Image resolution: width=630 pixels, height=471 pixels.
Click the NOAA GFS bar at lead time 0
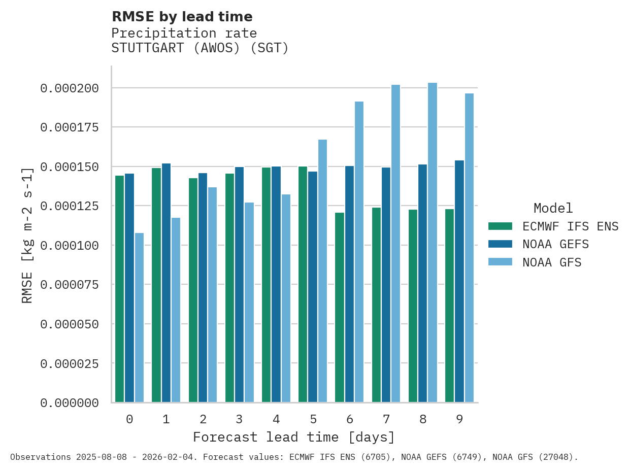(139, 318)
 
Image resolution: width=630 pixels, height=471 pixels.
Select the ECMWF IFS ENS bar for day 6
(340, 308)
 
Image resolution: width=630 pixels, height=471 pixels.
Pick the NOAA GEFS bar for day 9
(459, 282)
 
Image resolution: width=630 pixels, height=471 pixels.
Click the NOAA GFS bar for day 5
(322, 271)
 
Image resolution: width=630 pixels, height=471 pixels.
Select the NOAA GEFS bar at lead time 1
(166, 283)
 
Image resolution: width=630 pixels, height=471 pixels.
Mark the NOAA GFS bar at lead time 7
(396, 244)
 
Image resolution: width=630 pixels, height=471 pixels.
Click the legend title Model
(553, 209)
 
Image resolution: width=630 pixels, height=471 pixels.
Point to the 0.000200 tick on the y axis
(70, 89)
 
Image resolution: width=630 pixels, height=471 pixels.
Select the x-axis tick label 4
(276, 420)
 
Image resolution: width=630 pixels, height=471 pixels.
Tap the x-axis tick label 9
(459, 420)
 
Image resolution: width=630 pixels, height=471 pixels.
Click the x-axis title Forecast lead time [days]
(294, 438)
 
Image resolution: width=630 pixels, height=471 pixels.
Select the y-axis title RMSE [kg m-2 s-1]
(27, 235)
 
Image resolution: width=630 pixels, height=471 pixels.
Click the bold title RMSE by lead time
(182, 17)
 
